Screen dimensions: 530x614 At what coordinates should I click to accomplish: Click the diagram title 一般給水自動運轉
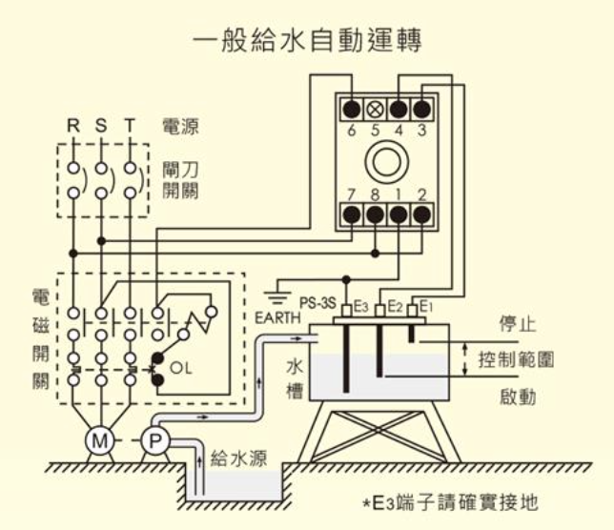307,42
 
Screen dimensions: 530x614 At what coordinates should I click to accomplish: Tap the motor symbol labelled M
99,440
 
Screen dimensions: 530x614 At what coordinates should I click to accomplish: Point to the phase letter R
72,125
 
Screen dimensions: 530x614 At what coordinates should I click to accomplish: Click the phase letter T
130,125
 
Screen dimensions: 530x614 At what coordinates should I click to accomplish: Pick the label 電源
181,126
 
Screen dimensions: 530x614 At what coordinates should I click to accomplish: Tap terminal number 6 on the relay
351,130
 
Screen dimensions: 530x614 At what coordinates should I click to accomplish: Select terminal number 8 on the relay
375,194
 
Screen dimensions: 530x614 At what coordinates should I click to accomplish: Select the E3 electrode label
360,306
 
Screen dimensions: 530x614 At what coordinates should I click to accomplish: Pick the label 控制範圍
516,360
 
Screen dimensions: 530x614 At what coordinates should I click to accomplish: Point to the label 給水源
238,459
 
